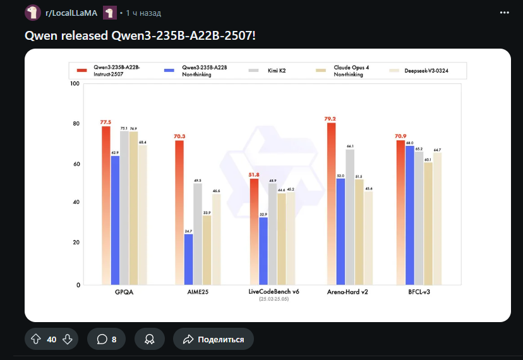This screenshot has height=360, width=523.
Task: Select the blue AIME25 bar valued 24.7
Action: [x=188, y=259]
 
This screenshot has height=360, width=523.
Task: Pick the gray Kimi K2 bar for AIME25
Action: [x=198, y=234]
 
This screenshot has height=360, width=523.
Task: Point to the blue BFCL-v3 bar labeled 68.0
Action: [x=409, y=215]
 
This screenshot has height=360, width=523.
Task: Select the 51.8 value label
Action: [x=254, y=174]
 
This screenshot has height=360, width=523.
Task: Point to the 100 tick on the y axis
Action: [x=75, y=84]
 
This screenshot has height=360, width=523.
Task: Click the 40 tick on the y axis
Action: [x=76, y=202]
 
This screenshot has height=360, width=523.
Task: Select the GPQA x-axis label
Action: [x=124, y=292]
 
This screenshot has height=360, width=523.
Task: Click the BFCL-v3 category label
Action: [x=419, y=292]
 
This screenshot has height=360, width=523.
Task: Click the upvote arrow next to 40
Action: [x=36, y=339]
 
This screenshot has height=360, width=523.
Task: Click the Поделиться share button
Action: [x=213, y=339]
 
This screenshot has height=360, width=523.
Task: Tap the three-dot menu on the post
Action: [x=504, y=13]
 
